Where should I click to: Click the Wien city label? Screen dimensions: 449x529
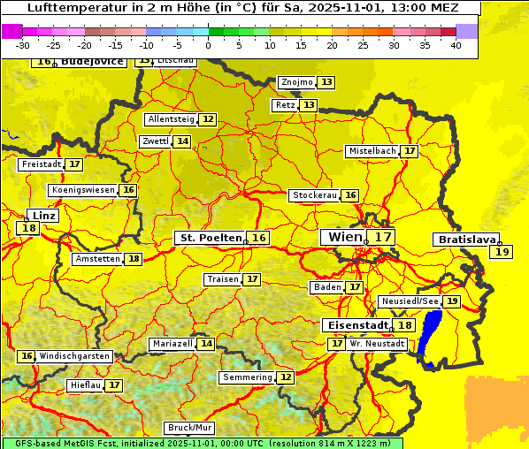pos(345,237)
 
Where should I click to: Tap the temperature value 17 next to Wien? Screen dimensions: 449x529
pos(382,237)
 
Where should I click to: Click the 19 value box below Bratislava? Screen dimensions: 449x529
pos(502,252)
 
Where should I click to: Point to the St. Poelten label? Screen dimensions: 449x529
pos(210,238)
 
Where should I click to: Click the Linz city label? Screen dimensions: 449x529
pos(42,216)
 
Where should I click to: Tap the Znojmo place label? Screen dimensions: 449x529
pos(296,82)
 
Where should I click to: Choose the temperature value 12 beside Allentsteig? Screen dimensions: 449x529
pos(208,119)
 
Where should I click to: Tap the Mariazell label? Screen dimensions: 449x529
pos(172,344)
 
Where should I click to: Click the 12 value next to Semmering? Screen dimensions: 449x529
pos(285,377)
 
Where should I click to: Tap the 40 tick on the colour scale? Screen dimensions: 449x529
pos(456,45)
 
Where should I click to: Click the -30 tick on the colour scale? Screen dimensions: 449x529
pos(23,45)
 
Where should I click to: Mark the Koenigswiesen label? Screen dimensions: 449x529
pos(83,190)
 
